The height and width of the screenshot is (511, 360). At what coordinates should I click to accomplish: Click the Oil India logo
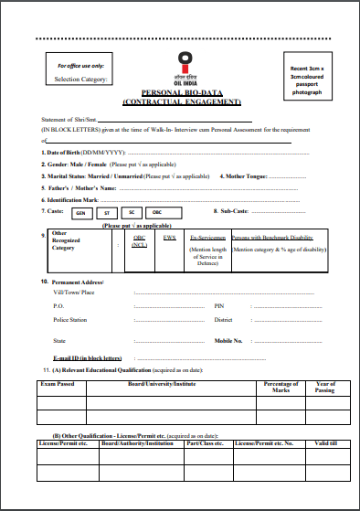coord(185,64)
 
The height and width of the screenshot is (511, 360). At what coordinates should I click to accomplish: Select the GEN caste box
coord(80,212)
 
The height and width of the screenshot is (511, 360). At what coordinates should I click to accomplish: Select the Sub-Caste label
coord(230,211)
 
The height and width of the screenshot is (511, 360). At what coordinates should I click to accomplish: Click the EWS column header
coord(169,237)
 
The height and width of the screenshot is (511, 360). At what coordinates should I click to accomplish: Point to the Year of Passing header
coord(325,388)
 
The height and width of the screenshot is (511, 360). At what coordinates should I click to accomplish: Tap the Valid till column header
coord(326,443)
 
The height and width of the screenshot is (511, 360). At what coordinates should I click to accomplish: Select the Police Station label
coord(70,320)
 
